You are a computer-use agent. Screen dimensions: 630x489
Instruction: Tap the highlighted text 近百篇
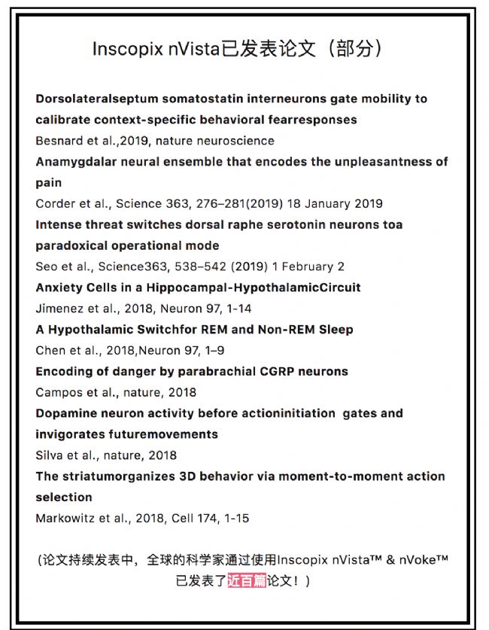pos(247,580)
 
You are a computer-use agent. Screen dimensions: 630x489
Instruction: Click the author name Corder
pos(54,203)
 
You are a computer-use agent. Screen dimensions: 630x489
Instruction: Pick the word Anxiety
pos(59,288)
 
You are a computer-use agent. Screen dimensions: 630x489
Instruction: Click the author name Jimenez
pos(59,309)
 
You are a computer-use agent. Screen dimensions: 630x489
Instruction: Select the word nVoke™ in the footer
pos(424,560)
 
